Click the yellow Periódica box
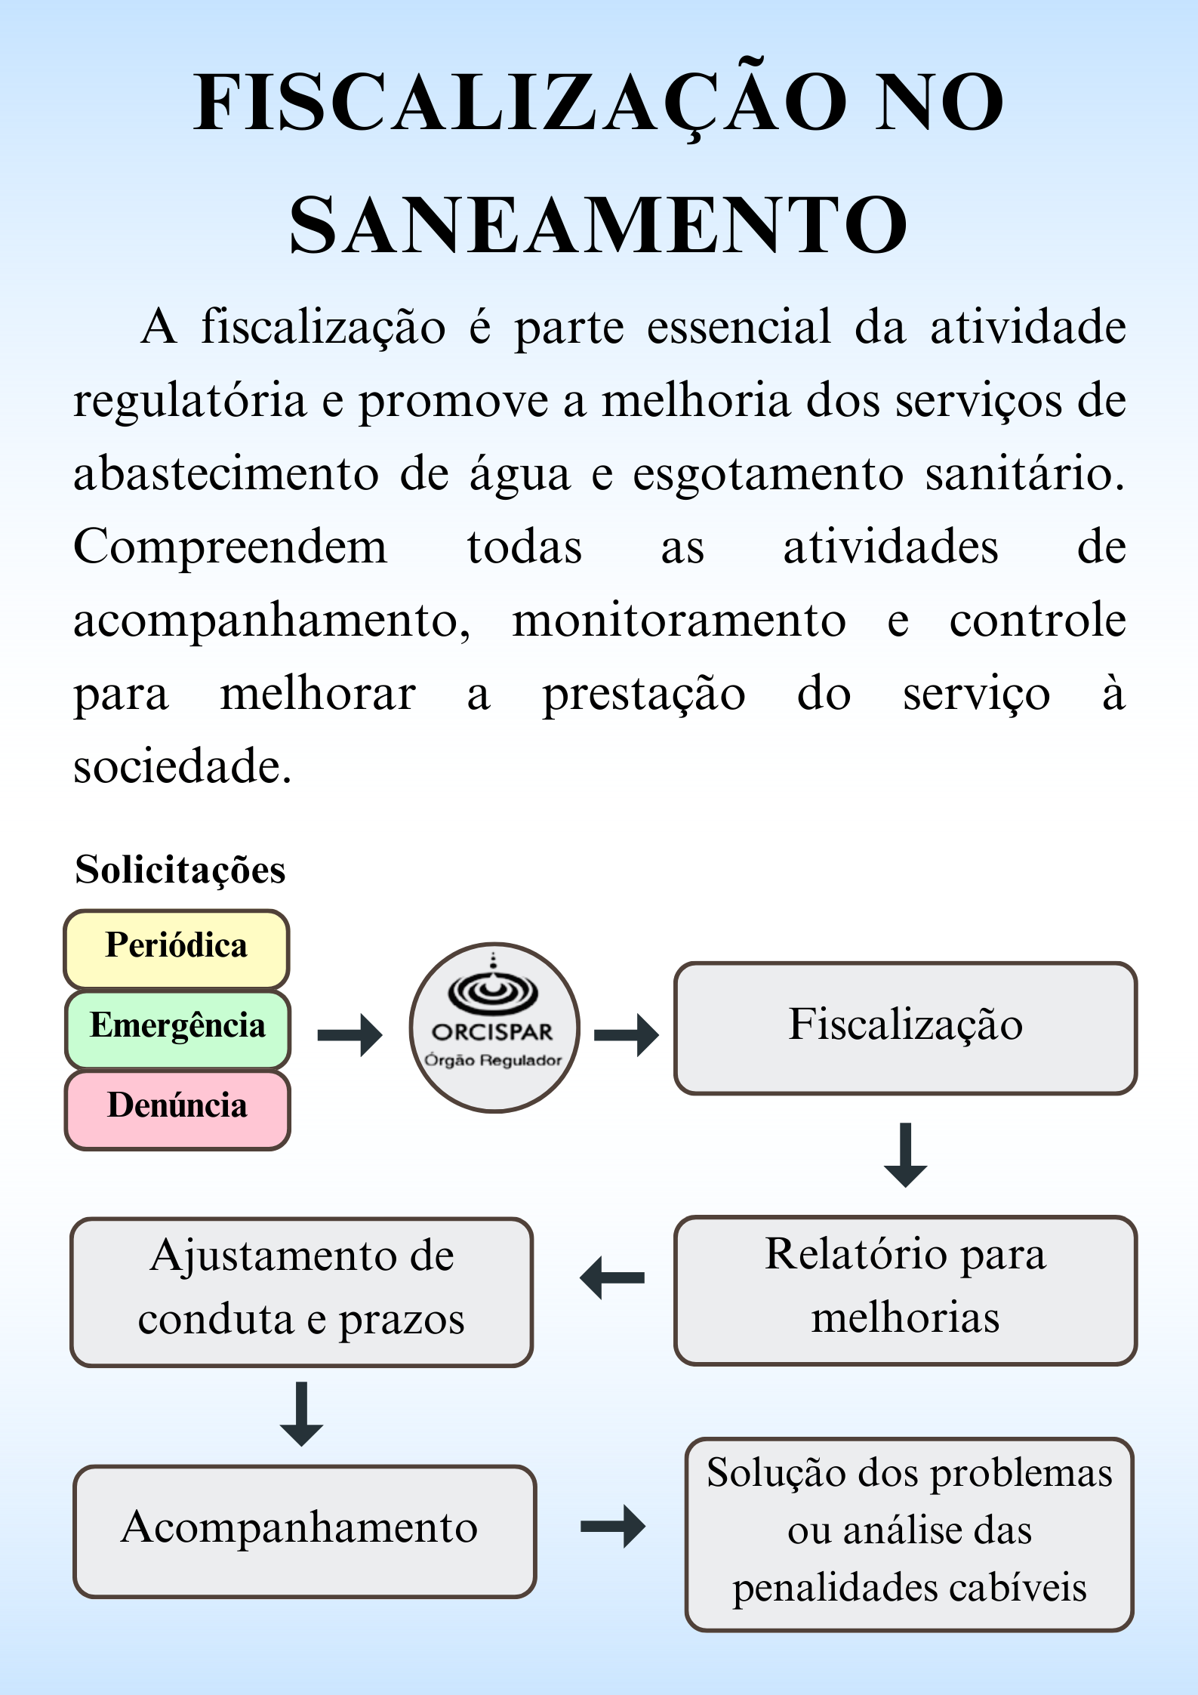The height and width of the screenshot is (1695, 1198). click(x=177, y=949)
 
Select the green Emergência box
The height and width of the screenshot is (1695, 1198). click(x=178, y=1029)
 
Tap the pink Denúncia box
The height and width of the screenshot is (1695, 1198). click(x=178, y=1109)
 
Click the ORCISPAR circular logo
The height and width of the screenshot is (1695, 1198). click(x=494, y=1028)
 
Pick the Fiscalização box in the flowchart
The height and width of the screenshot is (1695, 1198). click(x=905, y=1028)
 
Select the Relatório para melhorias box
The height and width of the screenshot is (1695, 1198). click(x=905, y=1290)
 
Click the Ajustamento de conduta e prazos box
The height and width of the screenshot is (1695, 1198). click(x=302, y=1292)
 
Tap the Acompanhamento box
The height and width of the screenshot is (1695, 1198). click(x=305, y=1531)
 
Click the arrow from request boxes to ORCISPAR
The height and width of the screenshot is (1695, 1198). click(x=350, y=1035)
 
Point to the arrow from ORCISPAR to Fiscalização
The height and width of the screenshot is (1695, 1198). click(x=627, y=1035)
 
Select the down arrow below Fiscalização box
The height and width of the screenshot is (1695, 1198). click(x=905, y=1155)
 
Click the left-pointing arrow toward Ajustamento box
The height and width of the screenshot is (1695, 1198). click(x=612, y=1277)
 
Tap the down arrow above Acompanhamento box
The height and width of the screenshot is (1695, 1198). click(x=301, y=1414)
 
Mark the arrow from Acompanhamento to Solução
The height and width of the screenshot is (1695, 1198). click(x=613, y=1527)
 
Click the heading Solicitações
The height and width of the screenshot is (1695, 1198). click(x=180, y=869)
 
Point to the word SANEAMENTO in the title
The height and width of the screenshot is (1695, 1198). click(x=599, y=224)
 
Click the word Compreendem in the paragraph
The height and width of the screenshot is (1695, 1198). click(x=230, y=547)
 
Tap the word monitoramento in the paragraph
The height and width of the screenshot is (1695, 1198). click(x=679, y=621)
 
